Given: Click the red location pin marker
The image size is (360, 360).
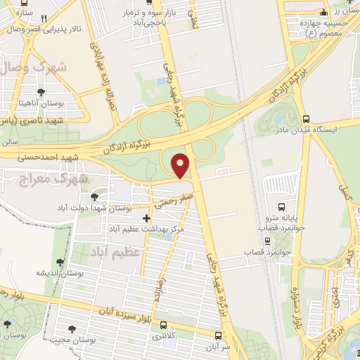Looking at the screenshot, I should [x=181, y=166].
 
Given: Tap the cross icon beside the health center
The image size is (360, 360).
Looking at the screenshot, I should [x=146, y=219].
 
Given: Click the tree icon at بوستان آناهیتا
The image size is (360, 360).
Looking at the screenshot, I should [x=41, y=92].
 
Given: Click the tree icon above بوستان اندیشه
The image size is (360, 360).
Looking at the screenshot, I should [x=60, y=262].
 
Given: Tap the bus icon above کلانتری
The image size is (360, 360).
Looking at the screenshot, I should [x=163, y=325].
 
